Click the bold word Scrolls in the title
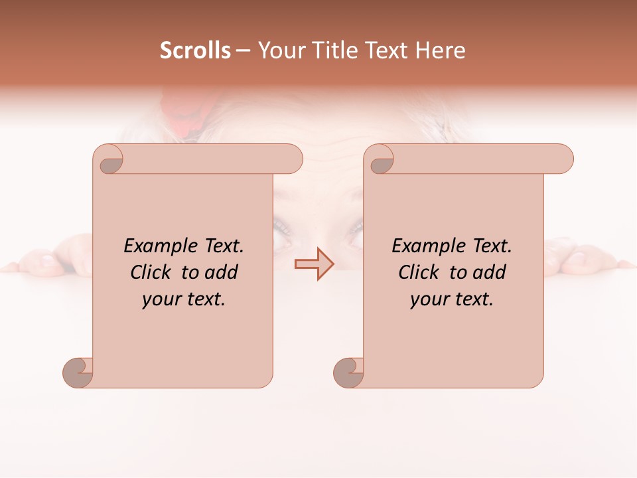[195, 50]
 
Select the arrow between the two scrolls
[315, 264]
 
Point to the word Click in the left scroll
[153, 272]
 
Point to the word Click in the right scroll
[421, 272]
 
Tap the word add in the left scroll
[220, 272]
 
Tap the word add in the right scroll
[488, 272]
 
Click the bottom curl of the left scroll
[78, 372]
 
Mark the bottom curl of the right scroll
[348, 372]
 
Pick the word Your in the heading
[279, 50]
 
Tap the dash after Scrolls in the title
[243, 50]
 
